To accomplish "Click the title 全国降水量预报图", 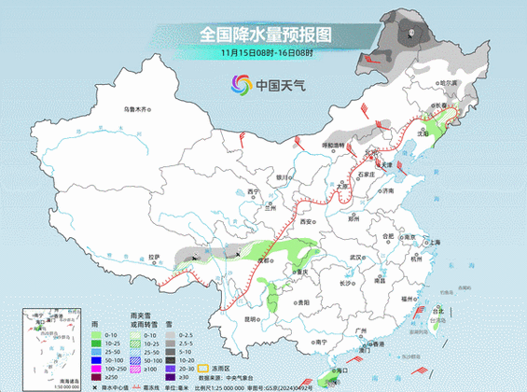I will (x=264, y=35).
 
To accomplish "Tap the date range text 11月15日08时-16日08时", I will (x=264, y=52).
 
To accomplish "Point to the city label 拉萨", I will (x=156, y=257).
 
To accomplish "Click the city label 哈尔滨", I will (x=452, y=83).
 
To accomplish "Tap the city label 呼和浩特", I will (x=333, y=146).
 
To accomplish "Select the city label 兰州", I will (x=270, y=208).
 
